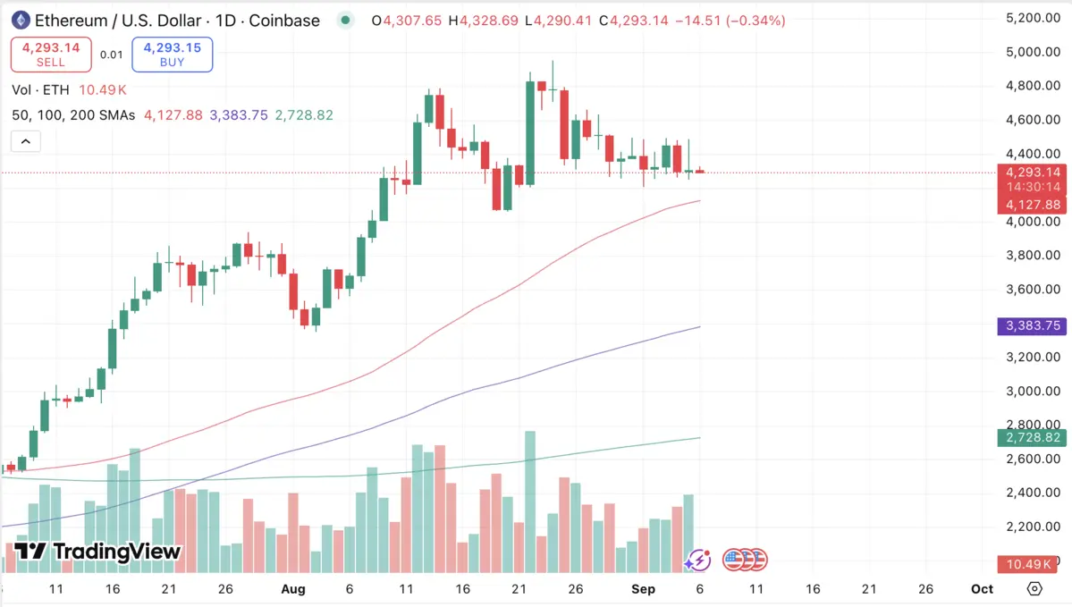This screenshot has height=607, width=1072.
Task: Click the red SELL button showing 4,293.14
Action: (x=51, y=55)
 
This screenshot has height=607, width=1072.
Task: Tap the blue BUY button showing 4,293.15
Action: (x=172, y=55)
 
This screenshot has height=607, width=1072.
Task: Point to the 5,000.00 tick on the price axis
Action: (x=1032, y=52)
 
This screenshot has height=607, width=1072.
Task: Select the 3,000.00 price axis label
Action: (x=1032, y=392)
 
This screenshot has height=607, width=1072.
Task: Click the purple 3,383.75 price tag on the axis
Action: (x=1032, y=326)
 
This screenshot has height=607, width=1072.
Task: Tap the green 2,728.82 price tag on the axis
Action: (x=1032, y=438)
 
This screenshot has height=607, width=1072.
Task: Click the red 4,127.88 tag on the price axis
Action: (x=1032, y=205)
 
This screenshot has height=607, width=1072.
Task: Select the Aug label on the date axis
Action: (x=293, y=589)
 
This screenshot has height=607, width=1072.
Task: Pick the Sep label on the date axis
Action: (x=643, y=589)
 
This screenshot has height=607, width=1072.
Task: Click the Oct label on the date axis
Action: (x=982, y=589)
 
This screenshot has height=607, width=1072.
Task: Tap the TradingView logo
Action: (x=98, y=552)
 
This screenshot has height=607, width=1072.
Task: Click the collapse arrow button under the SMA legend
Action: (x=25, y=141)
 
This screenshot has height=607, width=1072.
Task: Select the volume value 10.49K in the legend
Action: (x=103, y=90)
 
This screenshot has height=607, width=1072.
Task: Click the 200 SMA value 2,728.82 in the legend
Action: (x=304, y=115)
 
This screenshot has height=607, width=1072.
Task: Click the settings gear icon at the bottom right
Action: (x=1034, y=589)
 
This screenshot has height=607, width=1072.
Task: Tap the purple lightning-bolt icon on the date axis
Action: (x=697, y=561)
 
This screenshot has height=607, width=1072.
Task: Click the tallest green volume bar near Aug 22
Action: (x=530, y=502)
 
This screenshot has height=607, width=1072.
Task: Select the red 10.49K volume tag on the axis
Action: (x=1032, y=563)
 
